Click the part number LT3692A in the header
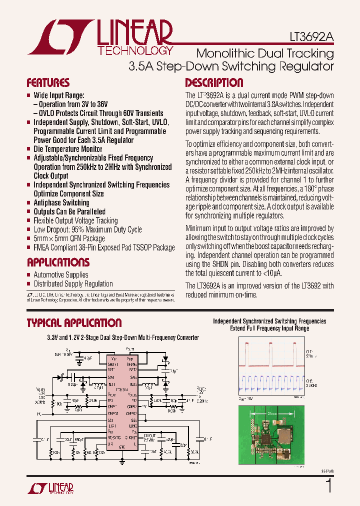pyautogui.click(x=311, y=37)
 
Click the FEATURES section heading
pyautogui.click(x=48, y=83)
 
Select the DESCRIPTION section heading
pyautogui.click(x=214, y=83)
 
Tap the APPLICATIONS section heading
pyautogui.click(x=58, y=262)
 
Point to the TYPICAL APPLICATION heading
pyautogui.click(x=74, y=323)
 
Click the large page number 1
pyautogui.click(x=328, y=485)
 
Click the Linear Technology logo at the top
pyautogui.click(x=100, y=37)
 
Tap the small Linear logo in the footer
pyautogui.click(x=50, y=488)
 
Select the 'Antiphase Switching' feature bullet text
pyautogui.click(x=61, y=202)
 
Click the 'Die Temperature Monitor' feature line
pyautogui.click(x=67, y=149)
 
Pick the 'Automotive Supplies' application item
pyautogui.click(x=60, y=274)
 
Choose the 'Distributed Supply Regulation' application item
pyautogui.click(x=73, y=283)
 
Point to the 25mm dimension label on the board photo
pyautogui.click(x=273, y=414)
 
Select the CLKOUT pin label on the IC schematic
pyautogui.click(x=131, y=437)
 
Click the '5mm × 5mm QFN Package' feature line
pyautogui.click(x=69, y=238)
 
